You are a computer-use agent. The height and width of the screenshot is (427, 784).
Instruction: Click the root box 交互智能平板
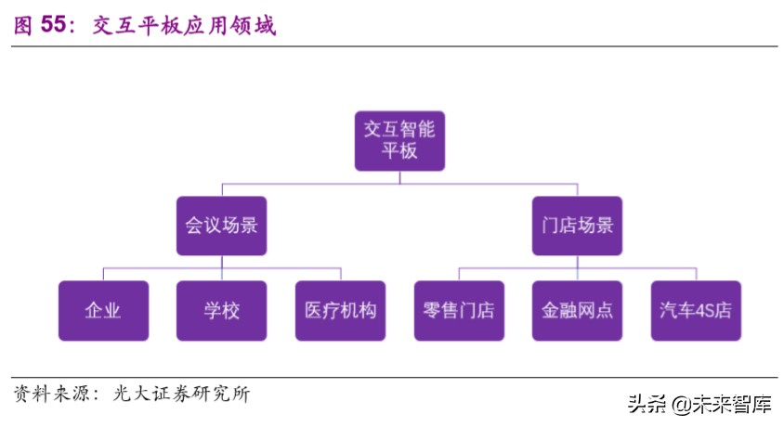tap(399, 140)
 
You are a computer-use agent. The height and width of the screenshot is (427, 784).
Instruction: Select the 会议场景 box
tap(221, 226)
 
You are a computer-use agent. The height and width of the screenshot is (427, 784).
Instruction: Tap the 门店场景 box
tap(577, 226)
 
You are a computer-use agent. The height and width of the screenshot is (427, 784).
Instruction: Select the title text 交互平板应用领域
tap(184, 25)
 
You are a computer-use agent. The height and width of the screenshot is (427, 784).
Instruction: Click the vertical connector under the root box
tap(399, 177)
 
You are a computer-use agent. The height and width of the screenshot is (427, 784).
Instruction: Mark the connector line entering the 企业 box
tap(102, 274)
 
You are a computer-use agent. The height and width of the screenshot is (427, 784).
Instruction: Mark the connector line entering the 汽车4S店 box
tap(696, 274)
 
